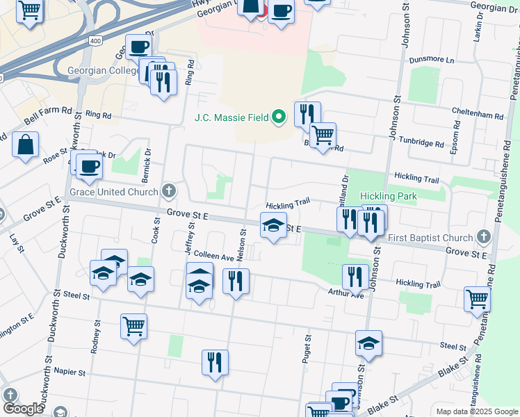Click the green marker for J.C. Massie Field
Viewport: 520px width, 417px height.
[x=279, y=116]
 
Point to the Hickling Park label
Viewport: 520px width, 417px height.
[x=388, y=197]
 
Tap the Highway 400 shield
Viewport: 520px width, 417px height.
[x=95, y=42]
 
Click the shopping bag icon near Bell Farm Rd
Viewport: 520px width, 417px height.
[x=26, y=145]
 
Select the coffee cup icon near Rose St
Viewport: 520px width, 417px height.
[x=89, y=166]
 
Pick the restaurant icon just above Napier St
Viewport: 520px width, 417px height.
[x=215, y=361]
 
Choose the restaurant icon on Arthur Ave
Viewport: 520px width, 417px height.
[x=355, y=276]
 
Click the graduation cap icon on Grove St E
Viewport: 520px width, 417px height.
[x=273, y=224]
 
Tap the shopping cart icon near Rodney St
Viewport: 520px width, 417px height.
[x=133, y=325]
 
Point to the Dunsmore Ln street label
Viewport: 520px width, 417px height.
[x=431, y=60]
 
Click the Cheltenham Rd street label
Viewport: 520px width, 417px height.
[x=476, y=115]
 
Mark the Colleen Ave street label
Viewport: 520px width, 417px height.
[x=213, y=256]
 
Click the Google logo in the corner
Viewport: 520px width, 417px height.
[x=23, y=409]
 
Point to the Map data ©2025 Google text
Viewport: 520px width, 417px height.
[x=476, y=411]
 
